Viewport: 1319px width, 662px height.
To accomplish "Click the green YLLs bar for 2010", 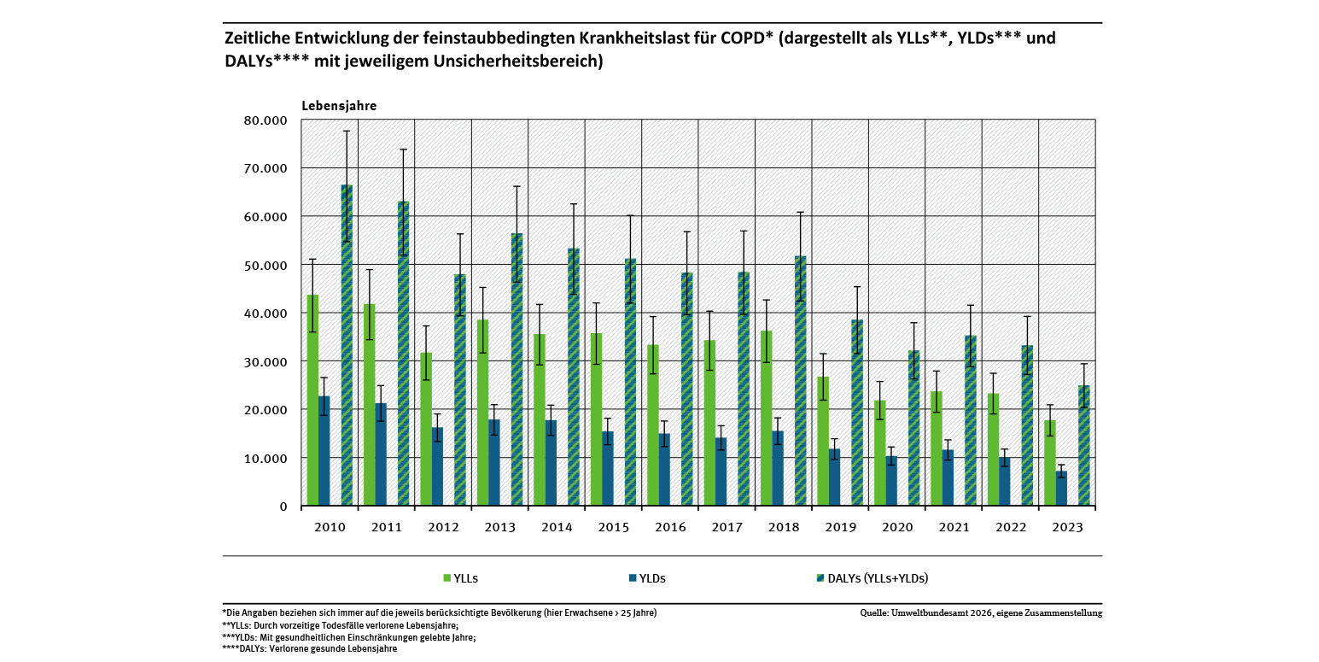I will point(313,401).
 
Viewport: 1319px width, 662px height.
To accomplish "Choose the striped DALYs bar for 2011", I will point(403,354).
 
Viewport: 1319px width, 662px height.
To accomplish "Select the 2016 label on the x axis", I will point(669,528).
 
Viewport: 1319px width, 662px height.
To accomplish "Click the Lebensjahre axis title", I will point(339,106).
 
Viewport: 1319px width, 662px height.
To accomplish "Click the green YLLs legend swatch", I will point(446,578).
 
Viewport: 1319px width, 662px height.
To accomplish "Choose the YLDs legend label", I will point(653,578).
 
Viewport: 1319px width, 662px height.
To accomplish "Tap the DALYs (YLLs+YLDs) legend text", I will point(878,578).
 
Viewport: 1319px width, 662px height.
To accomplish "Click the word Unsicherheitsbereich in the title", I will point(528,62).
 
